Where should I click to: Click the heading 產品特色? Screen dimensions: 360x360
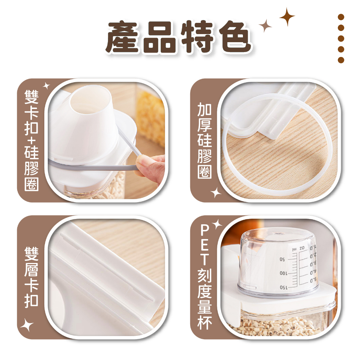tap(179, 37)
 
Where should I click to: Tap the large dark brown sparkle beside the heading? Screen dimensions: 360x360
tap(287, 17)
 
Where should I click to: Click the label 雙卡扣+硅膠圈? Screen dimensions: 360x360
tap(31, 140)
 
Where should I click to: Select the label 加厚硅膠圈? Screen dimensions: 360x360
tap(204, 140)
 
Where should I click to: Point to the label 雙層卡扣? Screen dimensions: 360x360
tap(31, 277)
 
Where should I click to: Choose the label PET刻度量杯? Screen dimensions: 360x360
tap(204, 277)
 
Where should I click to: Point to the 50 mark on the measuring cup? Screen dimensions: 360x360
tap(282, 260)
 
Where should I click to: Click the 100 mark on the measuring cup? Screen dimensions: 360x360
tap(284, 274)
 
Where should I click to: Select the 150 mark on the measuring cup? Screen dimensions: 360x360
tap(284, 288)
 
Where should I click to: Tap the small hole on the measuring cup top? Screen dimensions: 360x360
tap(279, 233)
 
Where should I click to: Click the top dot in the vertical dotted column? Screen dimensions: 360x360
tap(341, 17)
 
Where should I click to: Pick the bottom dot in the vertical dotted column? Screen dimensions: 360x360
tap(341, 60)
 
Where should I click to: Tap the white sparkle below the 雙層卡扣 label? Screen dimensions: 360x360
tap(27, 324)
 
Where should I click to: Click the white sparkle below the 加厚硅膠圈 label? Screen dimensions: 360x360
tap(216, 192)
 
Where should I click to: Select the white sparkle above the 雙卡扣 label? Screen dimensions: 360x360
tap(46, 86)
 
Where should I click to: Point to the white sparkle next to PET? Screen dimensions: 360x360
tap(217, 224)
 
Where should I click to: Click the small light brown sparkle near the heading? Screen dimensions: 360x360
tap(265, 25)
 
